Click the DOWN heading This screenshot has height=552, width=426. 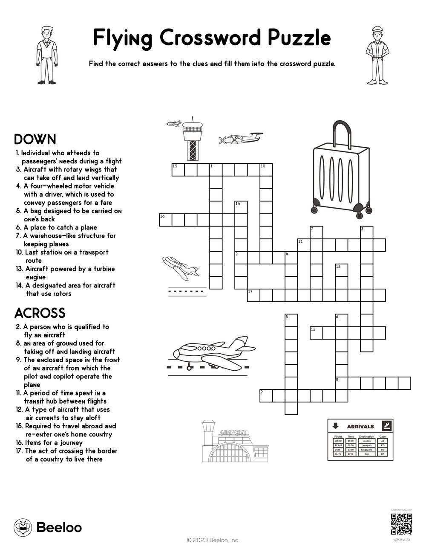35,139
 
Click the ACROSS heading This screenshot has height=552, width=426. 40,313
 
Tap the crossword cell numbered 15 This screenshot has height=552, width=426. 178,169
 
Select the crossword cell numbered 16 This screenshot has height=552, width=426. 165,220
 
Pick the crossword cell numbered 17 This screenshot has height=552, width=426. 253,295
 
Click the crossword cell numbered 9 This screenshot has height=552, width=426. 266,395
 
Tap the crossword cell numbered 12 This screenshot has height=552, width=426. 316,333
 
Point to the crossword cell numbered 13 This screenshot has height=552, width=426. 341,270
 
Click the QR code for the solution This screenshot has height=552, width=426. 401,524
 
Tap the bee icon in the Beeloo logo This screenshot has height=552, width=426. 23,527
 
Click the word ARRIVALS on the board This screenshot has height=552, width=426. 360,426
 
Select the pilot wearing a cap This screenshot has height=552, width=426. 377,55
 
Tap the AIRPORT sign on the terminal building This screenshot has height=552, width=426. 233,432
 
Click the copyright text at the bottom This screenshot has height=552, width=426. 213,540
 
